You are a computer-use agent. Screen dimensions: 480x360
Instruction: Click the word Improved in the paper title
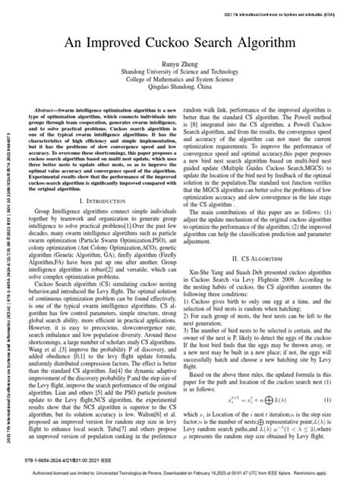112,44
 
